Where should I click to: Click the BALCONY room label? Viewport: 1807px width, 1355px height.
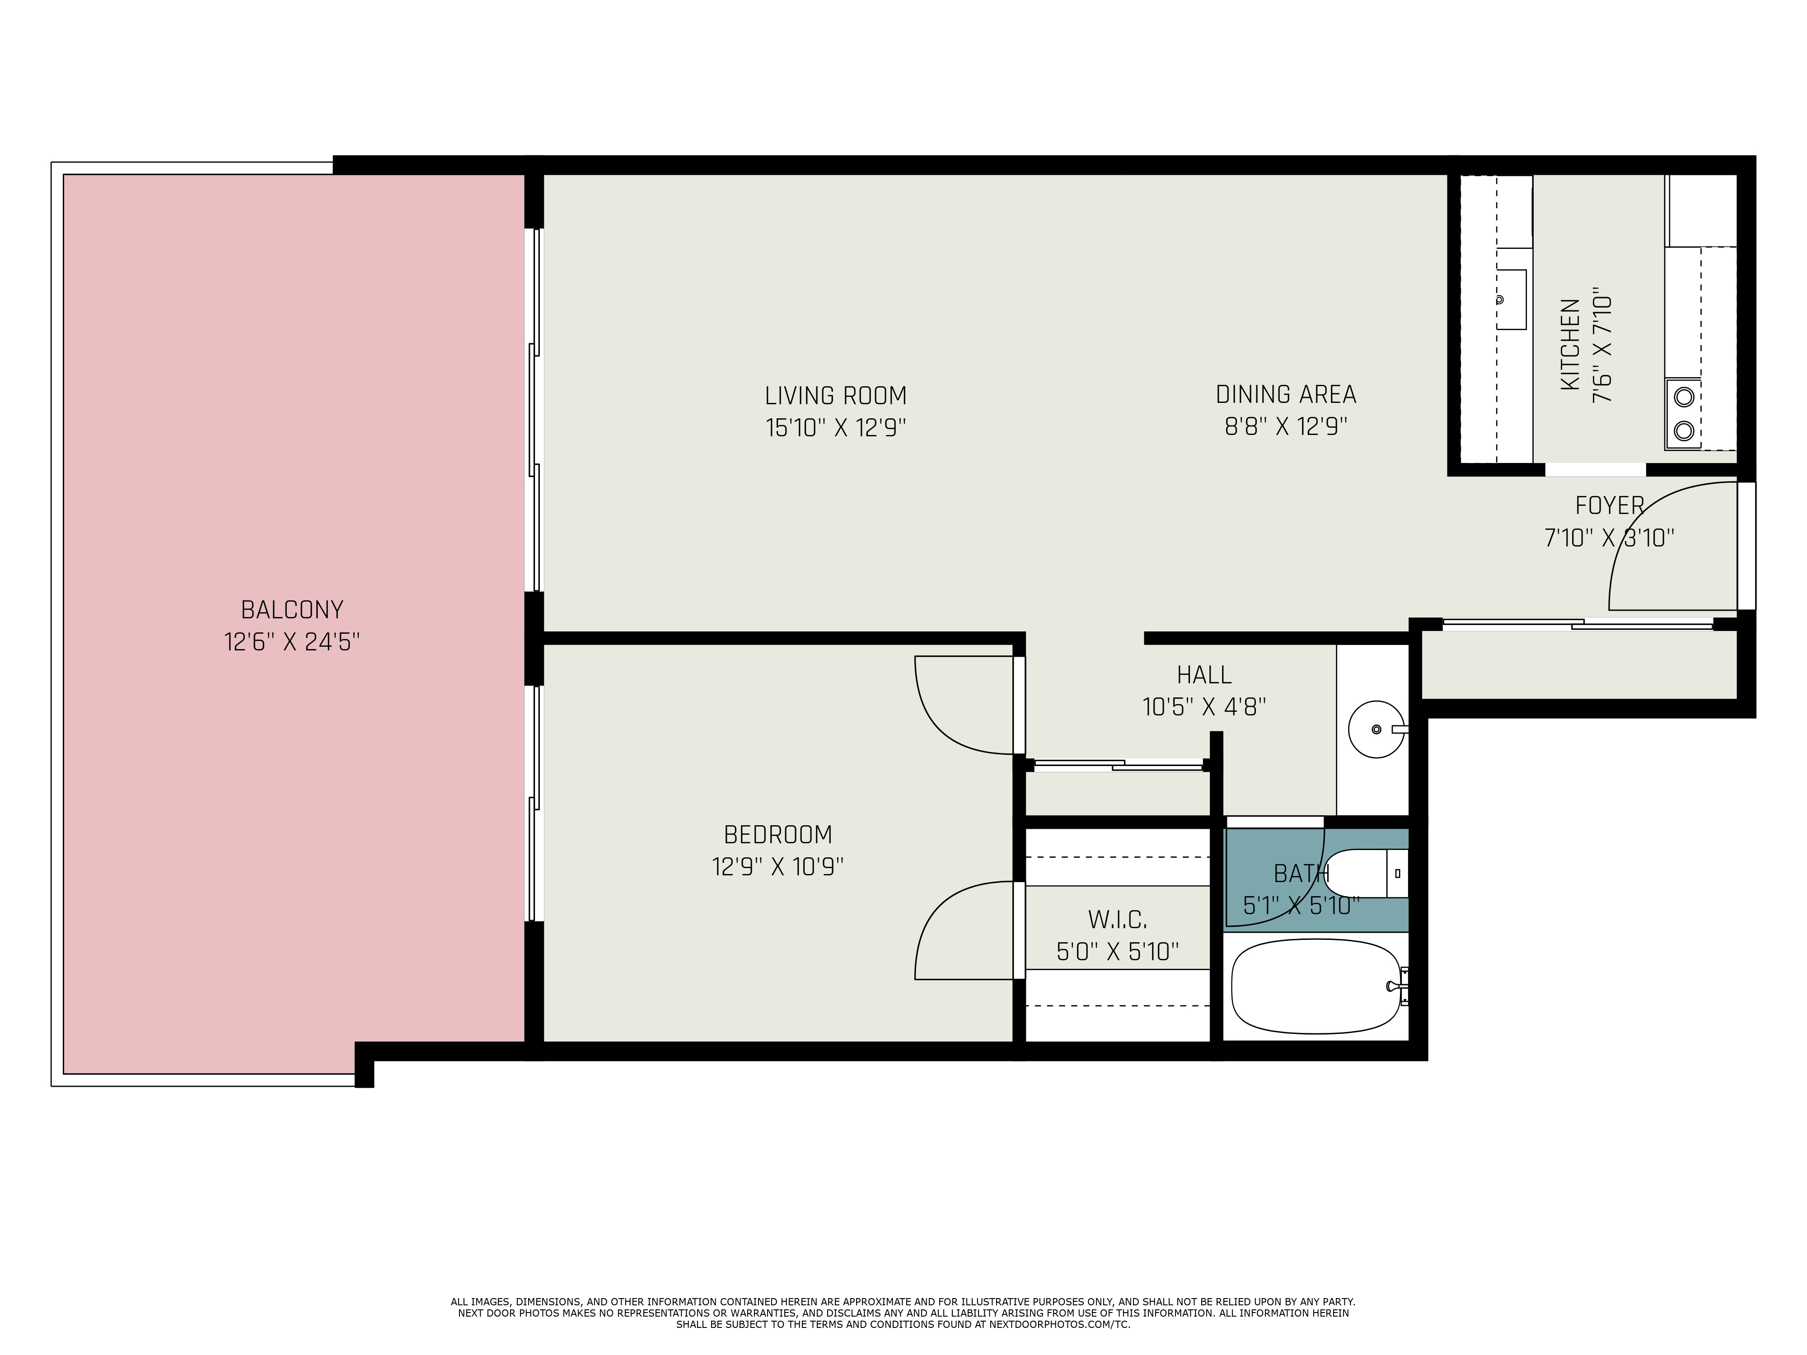coord(292,610)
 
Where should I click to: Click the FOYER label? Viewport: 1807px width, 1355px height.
coord(1609,505)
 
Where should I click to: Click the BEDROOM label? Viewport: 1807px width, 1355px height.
coord(778,835)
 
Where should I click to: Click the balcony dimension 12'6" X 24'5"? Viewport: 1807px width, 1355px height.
coord(292,642)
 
